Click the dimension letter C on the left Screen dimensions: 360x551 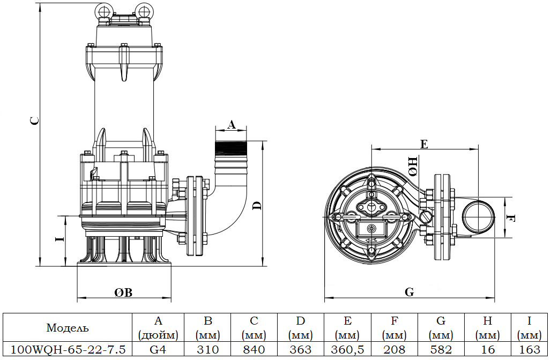(x=34, y=121)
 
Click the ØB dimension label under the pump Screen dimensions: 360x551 (x=123, y=292)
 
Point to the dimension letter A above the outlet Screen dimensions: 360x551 (x=231, y=124)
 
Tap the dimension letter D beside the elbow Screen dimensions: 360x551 (x=257, y=205)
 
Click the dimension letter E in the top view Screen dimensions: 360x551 (x=424, y=144)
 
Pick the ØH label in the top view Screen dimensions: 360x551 (x=413, y=167)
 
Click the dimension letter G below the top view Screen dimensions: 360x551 (x=409, y=292)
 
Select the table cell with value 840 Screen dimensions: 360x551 (x=254, y=350)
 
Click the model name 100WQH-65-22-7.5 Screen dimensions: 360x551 (x=68, y=350)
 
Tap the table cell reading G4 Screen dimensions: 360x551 (x=158, y=350)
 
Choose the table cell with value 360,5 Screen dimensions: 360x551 (x=347, y=350)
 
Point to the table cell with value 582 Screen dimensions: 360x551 (x=441, y=350)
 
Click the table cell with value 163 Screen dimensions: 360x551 (x=530, y=350)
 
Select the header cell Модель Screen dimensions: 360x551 (x=68, y=328)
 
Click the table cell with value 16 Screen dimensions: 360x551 (x=487, y=350)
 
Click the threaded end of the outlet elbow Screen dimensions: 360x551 (x=230, y=147)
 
